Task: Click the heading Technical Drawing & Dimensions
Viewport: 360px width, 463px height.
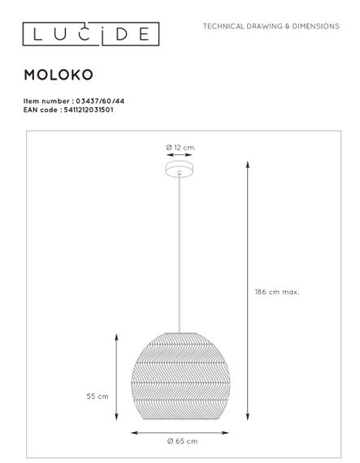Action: click(271, 27)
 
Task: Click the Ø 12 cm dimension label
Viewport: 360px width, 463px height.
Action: click(180, 147)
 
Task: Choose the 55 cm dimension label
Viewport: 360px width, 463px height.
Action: click(98, 396)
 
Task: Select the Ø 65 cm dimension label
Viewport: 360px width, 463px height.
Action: click(181, 440)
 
